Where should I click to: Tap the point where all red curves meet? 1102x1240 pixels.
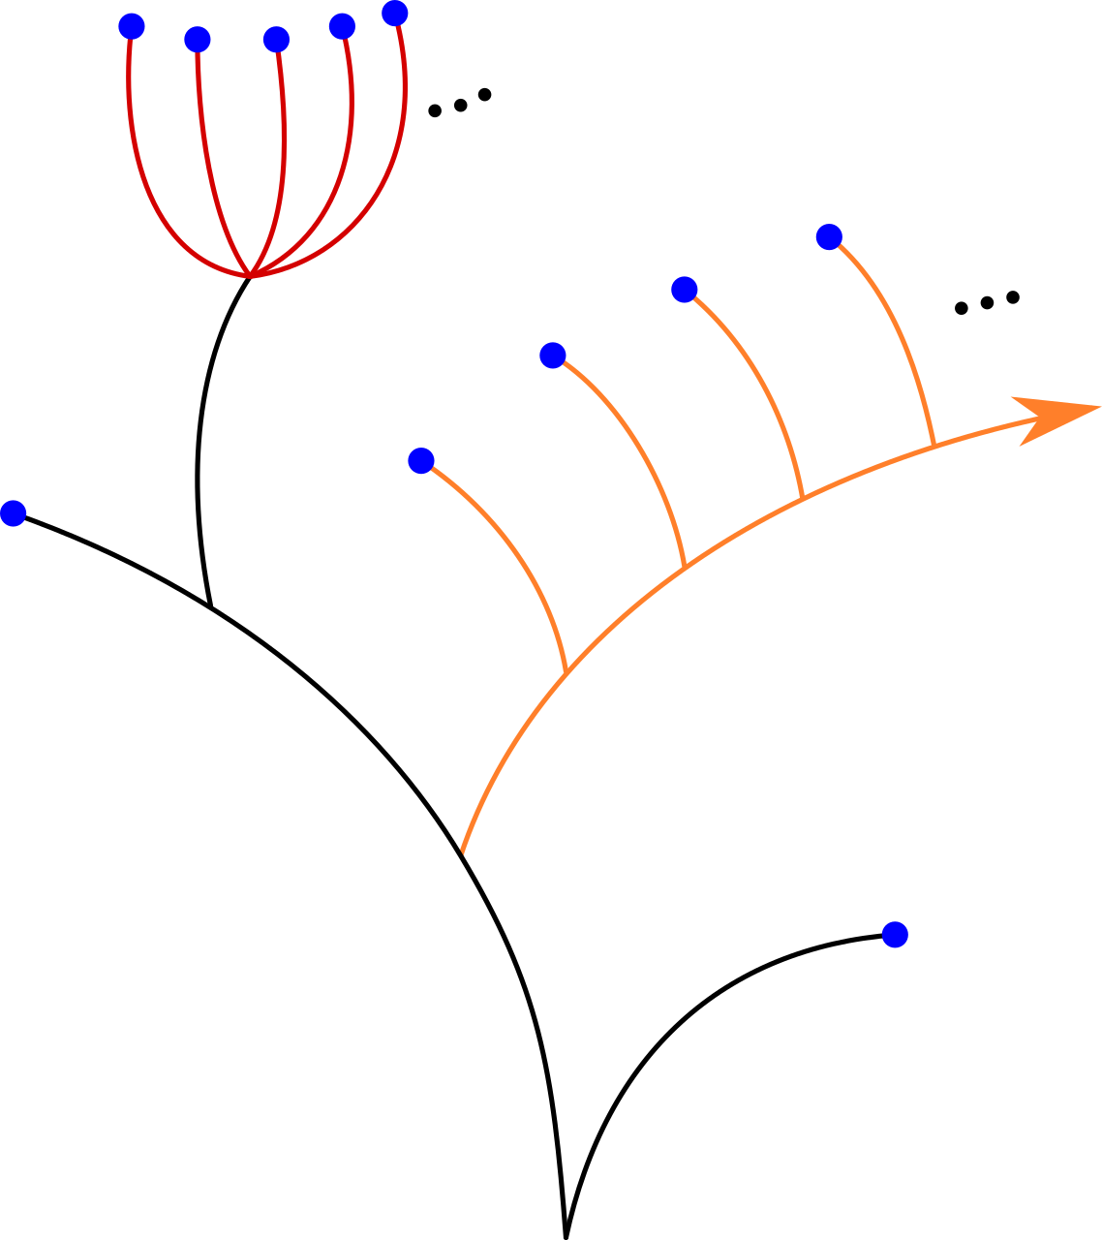251,276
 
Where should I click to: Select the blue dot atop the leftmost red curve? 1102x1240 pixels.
132,26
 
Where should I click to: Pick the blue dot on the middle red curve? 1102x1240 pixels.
276,40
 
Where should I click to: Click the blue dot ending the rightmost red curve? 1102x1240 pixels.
395,14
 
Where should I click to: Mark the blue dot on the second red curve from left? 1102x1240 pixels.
198,40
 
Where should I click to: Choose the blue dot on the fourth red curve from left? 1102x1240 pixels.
342,26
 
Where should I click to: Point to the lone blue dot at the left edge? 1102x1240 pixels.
13,513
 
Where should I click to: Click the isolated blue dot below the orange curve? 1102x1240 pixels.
895,935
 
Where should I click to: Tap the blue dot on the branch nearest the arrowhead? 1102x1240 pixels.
829,236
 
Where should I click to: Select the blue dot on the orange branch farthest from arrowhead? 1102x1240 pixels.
421,460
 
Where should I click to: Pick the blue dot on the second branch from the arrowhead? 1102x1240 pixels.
685,290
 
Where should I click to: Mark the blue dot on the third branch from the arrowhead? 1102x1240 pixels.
553,356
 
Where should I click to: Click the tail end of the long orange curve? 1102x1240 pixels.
463,852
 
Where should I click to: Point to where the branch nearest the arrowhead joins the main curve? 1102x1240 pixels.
934,445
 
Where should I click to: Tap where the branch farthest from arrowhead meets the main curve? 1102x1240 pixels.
566,670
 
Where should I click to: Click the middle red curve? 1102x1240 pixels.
284,155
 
